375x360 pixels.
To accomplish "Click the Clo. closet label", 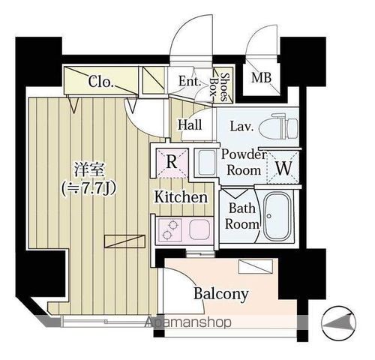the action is (100, 81).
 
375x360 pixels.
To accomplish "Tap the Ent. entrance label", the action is (190, 81).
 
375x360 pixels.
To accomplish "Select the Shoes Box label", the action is (219, 87).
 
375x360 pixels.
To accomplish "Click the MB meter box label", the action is (261, 77).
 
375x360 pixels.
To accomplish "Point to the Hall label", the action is (190, 124).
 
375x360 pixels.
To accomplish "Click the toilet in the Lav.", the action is (279, 127).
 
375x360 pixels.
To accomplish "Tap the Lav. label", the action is (241, 126).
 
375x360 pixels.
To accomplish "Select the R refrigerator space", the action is (172, 163).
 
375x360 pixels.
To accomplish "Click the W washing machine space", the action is (283, 167).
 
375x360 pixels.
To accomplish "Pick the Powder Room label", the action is (244, 163).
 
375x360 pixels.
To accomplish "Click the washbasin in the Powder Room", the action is (206, 163).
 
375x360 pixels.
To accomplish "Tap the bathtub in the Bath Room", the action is (277, 217).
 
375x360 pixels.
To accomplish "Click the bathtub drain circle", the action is (269, 216).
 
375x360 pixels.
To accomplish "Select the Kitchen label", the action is (181, 197).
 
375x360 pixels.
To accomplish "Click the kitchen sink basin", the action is (199, 229).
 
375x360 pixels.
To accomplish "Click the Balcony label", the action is (221, 294).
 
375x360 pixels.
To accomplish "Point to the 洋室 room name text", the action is (88, 170).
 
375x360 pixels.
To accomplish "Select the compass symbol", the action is (338, 322).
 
